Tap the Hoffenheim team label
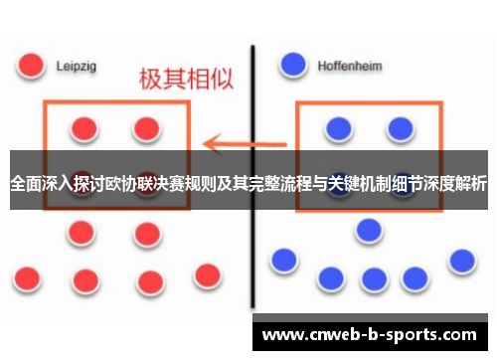(x=349, y=66)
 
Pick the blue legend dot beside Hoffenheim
(x=293, y=65)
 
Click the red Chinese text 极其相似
(x=183, y=80)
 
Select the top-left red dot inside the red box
(x=84, y=129)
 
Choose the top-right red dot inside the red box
(x=147, y=129)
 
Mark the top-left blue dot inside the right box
(x=338, y=129)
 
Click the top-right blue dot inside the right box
(x=400, y=129)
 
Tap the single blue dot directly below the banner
(x=369, y=230)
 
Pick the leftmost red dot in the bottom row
(x=27, y=276)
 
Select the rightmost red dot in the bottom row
(x=207, y=274)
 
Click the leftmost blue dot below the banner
(x=284, y=261)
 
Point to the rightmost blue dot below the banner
(x=461, y=261)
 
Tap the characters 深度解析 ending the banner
(x=454, y=184)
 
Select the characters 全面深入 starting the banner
(x=41, y=184)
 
